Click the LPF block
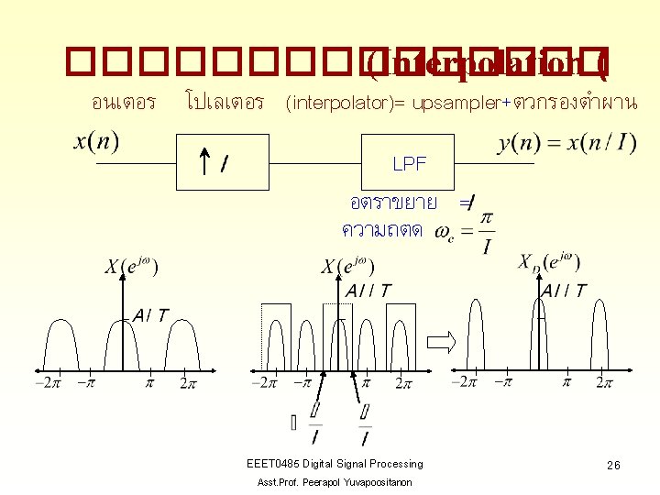tap(408, 163)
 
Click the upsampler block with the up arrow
tap(213, 163)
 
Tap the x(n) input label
tap(96, 142)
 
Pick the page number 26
tap(613, 466)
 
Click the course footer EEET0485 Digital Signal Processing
tap(335, 464)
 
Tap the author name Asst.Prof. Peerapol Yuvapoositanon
tap(335, 482)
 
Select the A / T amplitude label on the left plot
tap(150, 315)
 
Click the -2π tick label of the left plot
tap(47, 383)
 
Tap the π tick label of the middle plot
tap(366, 382)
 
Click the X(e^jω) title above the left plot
tap(131, 268)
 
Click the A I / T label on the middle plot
tap(368, 291)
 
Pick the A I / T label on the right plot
tap(564, 291)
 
